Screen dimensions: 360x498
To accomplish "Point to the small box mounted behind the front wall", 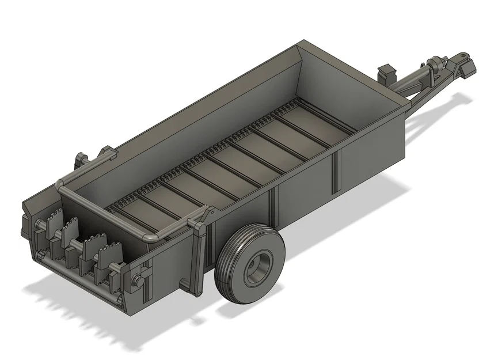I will tap(386, 73).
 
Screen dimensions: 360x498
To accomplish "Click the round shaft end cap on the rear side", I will tap(138, 280).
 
